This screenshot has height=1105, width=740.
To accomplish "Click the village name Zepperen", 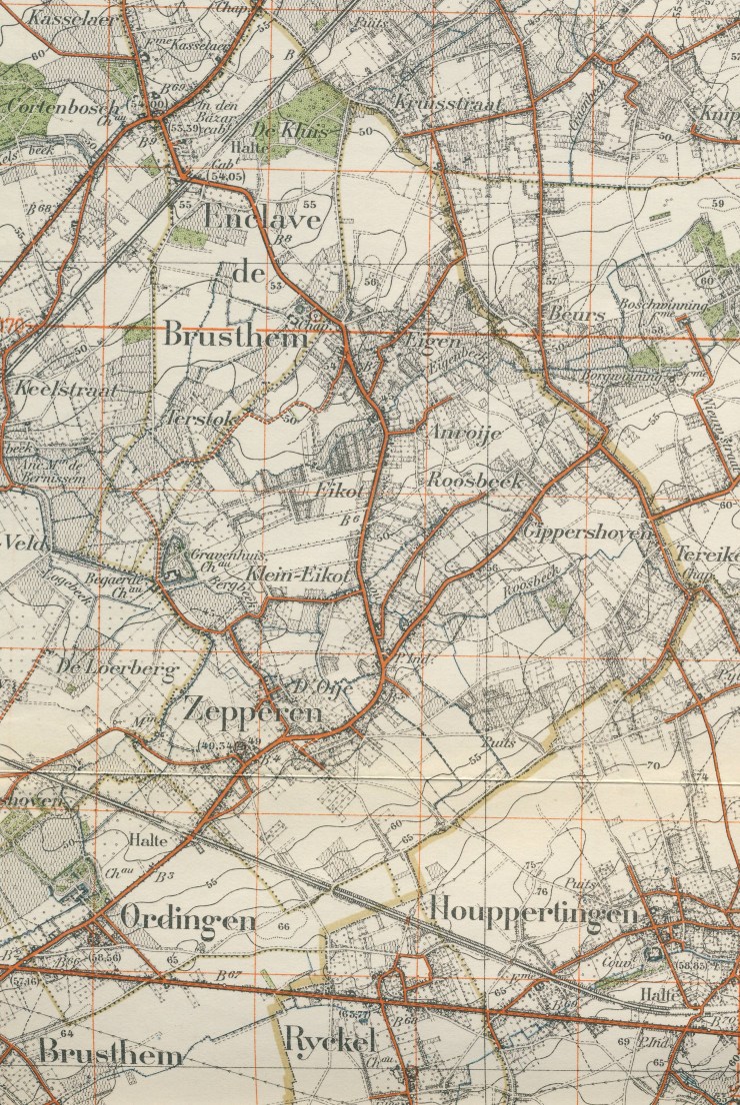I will point(252,711).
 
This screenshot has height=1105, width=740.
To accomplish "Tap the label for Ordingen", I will point(188,918).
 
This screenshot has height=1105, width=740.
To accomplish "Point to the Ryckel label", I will point(329,1041).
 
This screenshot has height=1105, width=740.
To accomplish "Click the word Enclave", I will point(262,217).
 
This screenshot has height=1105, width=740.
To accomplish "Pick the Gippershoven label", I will point(587,532).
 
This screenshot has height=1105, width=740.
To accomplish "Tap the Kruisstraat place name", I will point(448,105).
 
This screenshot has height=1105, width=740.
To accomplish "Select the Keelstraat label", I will point(66,389).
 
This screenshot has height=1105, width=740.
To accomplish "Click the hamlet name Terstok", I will point(203,420).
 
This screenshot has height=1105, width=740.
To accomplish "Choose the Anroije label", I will point(464,434).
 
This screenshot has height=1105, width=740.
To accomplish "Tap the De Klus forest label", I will point(279,131).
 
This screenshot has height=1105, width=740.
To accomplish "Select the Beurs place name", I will point(577,314).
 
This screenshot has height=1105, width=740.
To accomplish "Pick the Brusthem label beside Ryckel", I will point(110,1054).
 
